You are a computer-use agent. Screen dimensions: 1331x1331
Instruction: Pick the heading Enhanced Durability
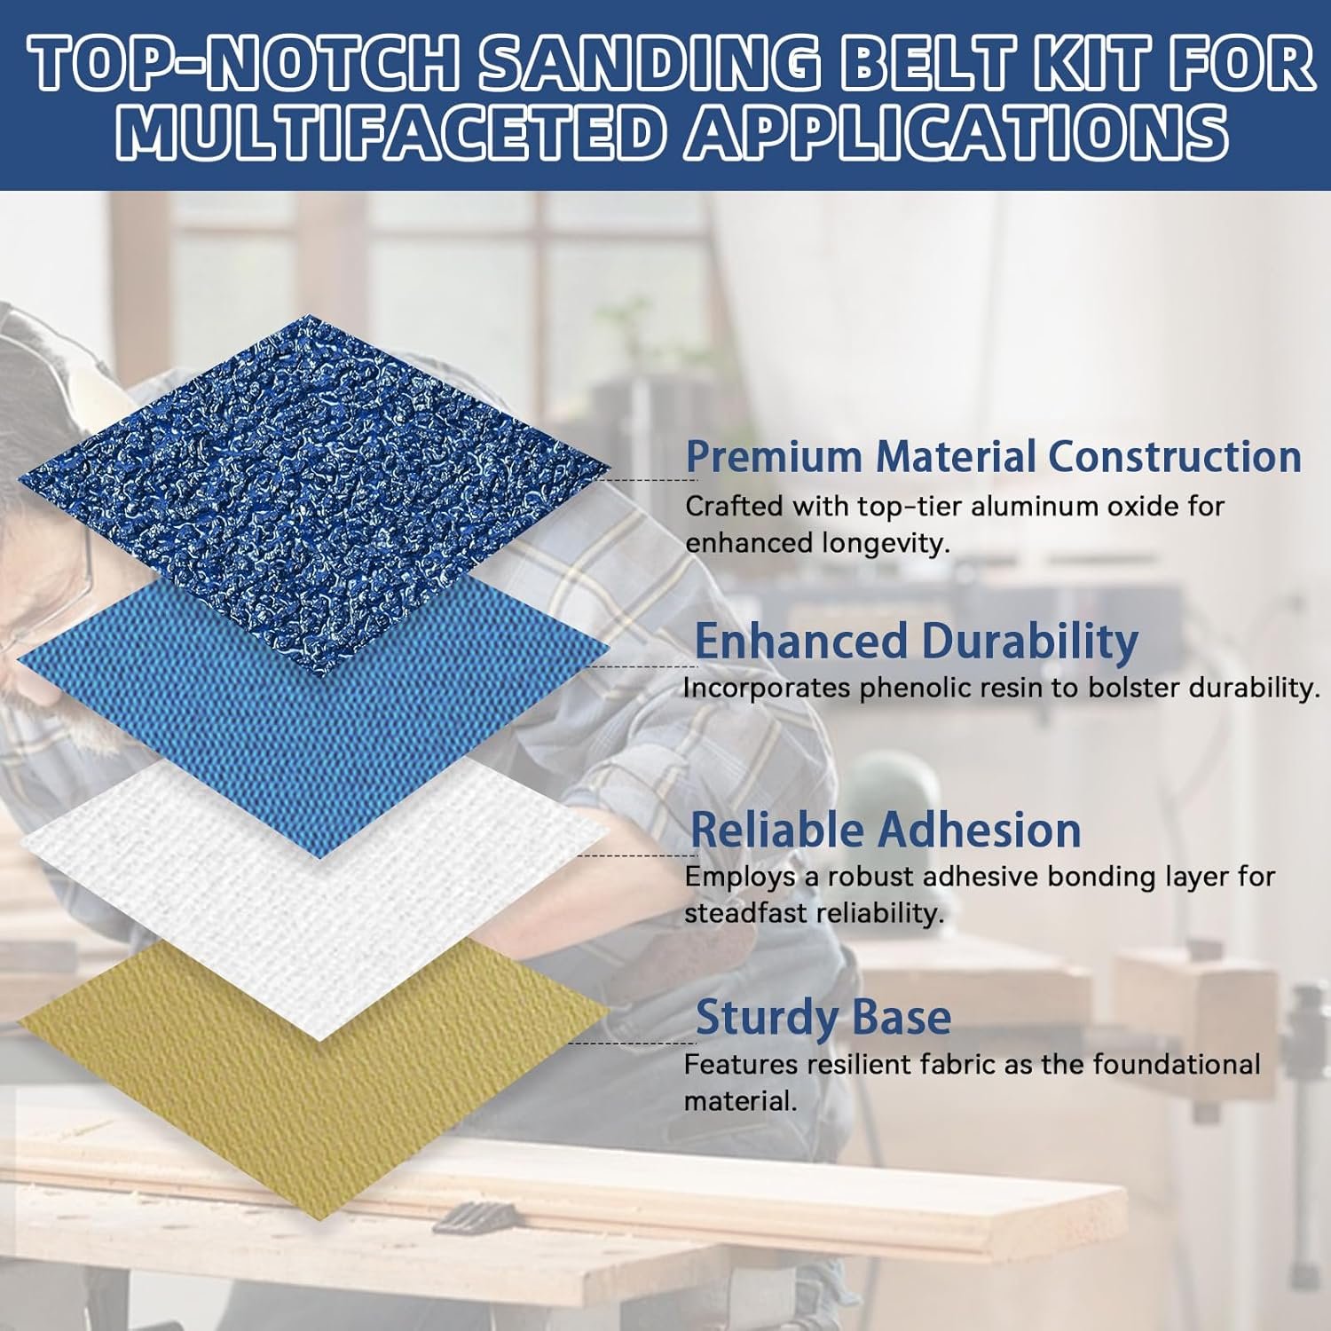[x=916, y=641]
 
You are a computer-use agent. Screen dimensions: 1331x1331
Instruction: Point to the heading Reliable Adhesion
[x=886, y=830]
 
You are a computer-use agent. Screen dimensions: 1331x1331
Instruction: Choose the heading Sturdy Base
[x=823, y=1018]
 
